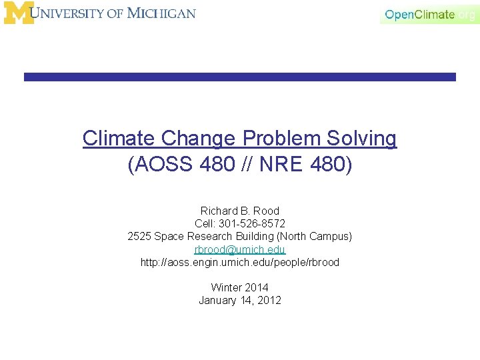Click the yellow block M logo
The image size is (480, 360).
18,13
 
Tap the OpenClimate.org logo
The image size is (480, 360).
429,14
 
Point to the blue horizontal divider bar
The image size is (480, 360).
240,77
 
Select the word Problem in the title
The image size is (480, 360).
283,139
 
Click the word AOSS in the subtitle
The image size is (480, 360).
161,164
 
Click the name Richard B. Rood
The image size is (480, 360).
240,211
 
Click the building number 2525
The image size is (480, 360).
139,236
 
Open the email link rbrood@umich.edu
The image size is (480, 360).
240,249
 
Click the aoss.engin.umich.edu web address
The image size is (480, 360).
240,262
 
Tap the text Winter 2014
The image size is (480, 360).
240,287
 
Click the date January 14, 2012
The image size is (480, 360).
240,300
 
